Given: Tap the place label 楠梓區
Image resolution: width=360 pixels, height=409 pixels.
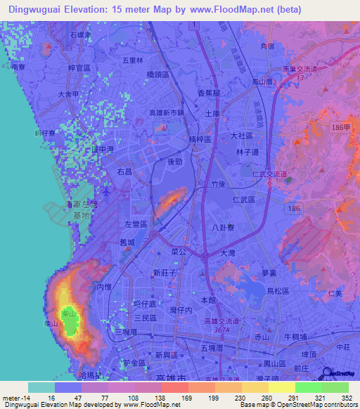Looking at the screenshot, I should [x=201, y=139].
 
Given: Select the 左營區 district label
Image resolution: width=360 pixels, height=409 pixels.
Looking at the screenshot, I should [x=136, y=224].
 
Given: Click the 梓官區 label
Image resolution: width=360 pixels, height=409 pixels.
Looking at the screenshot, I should [x=79, y=67].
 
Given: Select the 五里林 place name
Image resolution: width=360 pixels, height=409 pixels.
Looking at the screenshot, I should [x=133, y=60].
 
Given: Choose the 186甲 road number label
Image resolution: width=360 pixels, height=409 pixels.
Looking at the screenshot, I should [x=340, y=126].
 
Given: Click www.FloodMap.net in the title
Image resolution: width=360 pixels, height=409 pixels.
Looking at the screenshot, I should [x=229, y=10].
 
